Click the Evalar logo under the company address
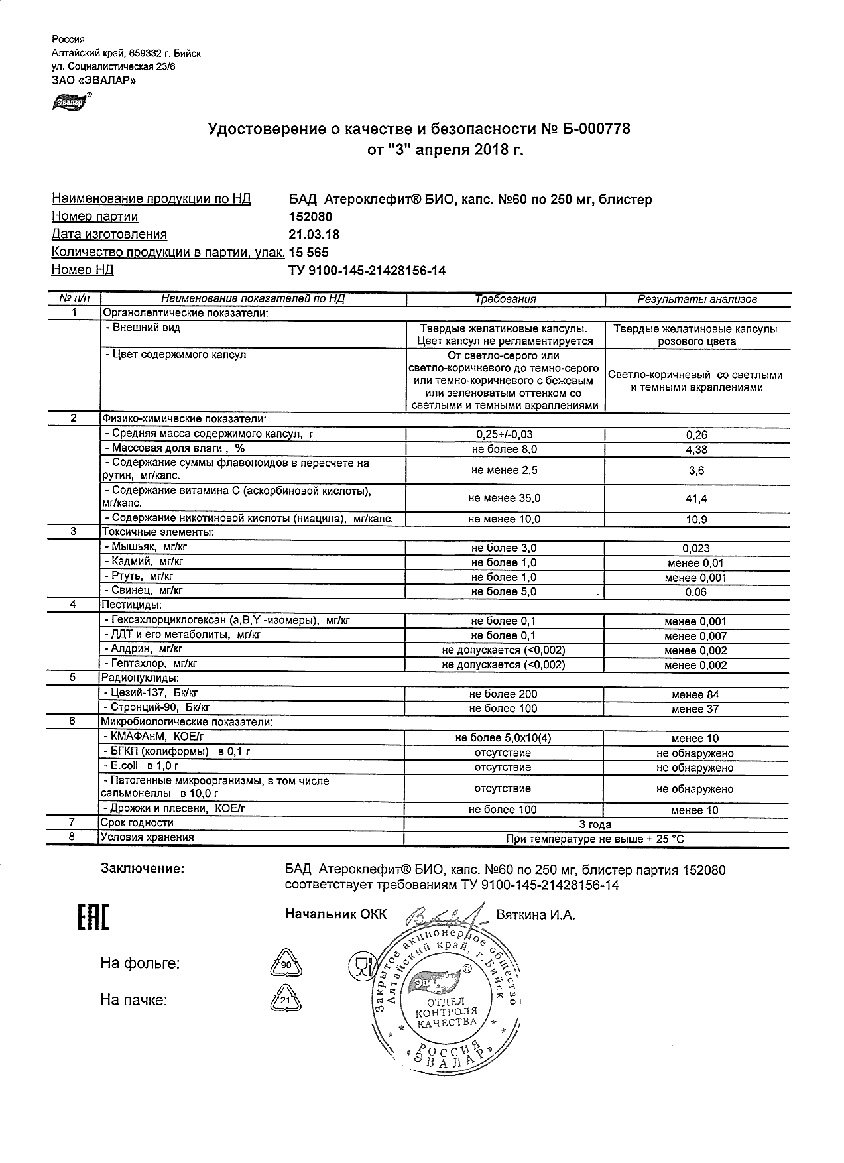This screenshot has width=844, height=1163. click(x=71, y=101)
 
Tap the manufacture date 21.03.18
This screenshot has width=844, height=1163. click(x=314, y=235)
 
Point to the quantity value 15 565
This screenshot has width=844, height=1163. click(x=308, y=253)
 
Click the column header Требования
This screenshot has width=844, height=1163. click(x=505, y=299)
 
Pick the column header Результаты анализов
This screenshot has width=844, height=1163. click(x=697, y=299)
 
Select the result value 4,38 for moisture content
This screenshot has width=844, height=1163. click(x=696, y=450)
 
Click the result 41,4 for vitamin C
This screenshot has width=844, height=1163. click(x=696, y=499)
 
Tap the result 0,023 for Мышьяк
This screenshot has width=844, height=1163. click(x=695, y=548)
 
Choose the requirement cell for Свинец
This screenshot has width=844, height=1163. click(x=504, y=592)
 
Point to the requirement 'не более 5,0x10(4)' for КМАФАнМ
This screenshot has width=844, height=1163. click(x=503, y=738)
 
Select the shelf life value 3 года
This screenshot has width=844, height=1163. click(x=595, y=825)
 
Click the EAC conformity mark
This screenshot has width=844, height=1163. click(x=93, y=918)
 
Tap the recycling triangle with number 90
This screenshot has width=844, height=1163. click(x=286, y=964)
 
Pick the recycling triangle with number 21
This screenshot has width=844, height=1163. click(x=286, y=1000)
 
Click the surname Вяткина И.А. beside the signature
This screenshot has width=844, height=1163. click(x=536, y=915)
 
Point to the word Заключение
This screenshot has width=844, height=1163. click(x=142, y=869)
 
